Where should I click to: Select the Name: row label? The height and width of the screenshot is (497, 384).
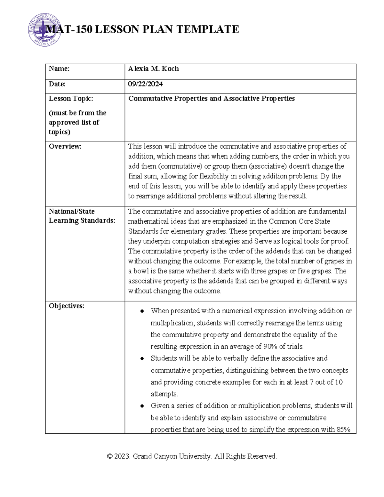tap(59, 69)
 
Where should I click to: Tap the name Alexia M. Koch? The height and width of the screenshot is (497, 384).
tap(153, 69)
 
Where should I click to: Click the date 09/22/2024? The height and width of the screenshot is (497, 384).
tap(145, 84)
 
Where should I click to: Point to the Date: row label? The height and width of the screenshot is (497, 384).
tap(57, 84)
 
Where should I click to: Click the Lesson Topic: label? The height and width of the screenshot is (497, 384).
tap(71, 99)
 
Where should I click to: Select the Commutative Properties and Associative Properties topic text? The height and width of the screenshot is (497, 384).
tap(211, 99)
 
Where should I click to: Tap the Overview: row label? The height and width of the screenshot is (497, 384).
tap(65, 147)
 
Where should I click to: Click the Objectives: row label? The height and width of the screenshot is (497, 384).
tap(67, 306)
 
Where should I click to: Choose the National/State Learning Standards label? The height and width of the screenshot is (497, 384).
tap(82, 216)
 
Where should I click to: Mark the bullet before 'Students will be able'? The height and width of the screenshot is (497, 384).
tap(142, 359)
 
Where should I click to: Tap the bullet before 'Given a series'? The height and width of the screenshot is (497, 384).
tap(142, 406)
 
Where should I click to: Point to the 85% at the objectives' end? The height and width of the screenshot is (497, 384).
tap(343, 430)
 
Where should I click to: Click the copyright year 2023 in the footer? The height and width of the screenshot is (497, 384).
tap(122, 456)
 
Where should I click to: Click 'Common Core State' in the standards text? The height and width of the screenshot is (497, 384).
tap(299, 221)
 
